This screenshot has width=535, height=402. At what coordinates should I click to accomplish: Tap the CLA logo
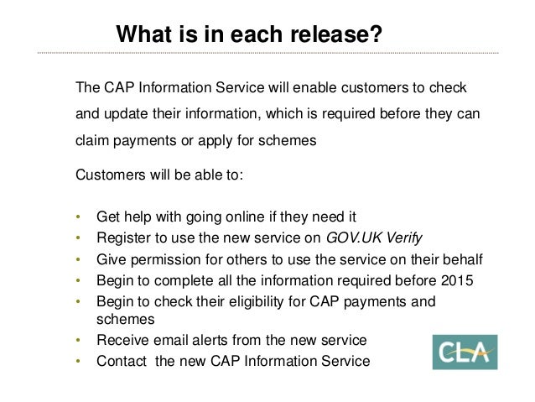click(x=465, y=352)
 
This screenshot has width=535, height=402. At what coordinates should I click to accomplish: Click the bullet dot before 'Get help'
click(x=78, y=216)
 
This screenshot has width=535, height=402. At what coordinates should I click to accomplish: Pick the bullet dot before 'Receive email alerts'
click(x=78, y=341)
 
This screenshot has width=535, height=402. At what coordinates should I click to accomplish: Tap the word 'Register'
click(x=122, y=237)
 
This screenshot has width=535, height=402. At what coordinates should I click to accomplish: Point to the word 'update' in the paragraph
click(x=124, y=114)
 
